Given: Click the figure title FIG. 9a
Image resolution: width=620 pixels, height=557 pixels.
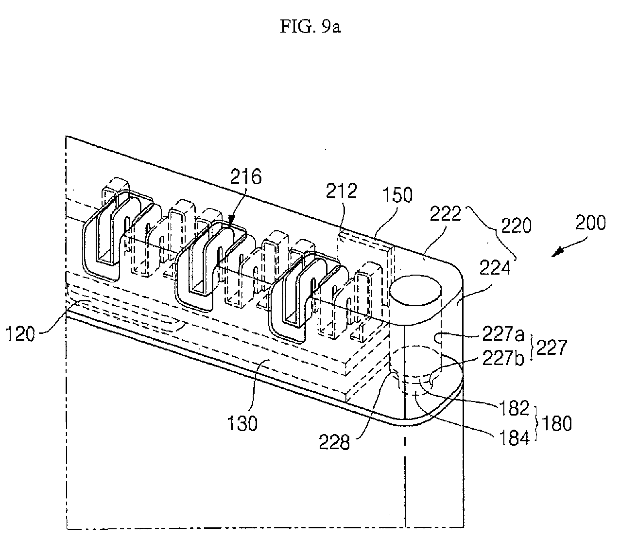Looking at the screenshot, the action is click(310, 27).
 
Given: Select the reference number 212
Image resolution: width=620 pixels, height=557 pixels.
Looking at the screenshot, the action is click(341, 191).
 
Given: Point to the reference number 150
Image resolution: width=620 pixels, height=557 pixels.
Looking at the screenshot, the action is click(397, 194).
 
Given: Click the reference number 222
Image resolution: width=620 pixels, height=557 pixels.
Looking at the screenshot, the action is click(445, 213).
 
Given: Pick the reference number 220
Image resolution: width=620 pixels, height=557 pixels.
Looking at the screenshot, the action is click(516, 226).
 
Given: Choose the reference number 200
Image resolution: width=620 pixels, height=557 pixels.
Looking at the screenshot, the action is click(590, 222).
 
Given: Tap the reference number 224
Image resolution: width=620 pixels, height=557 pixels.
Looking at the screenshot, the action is click(495, 267).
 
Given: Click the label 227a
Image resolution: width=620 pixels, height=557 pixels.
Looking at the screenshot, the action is click(503, 334).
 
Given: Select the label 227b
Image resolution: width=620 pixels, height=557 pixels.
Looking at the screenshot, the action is click(503, 358).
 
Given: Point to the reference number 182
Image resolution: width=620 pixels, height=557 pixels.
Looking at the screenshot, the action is click(514, 408).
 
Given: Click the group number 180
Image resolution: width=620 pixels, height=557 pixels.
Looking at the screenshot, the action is click(557, 424).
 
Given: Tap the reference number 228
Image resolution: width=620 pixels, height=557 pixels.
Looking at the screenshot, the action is click(334, 442).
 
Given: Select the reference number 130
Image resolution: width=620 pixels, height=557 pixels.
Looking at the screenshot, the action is click(242, 424).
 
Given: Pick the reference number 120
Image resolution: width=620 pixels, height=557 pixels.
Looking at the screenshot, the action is click(20, 334).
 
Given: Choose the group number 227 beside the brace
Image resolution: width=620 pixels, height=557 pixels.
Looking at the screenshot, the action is click(552, 348).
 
